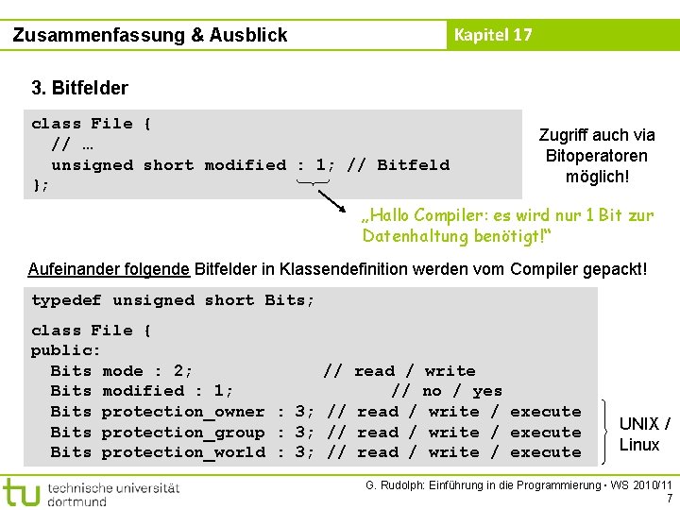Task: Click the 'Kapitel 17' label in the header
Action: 493,35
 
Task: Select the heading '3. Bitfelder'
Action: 79,89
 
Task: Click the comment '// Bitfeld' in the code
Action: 399,165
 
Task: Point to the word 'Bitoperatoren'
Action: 596,156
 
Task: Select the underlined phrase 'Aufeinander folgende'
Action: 109,269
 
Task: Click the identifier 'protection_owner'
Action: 183,412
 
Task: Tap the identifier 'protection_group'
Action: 183,433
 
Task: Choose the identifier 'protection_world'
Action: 183,452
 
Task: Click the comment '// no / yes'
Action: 447,391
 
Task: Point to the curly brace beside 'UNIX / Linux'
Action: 603,433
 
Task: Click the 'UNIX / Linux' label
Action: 644,433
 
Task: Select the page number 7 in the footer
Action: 669,498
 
